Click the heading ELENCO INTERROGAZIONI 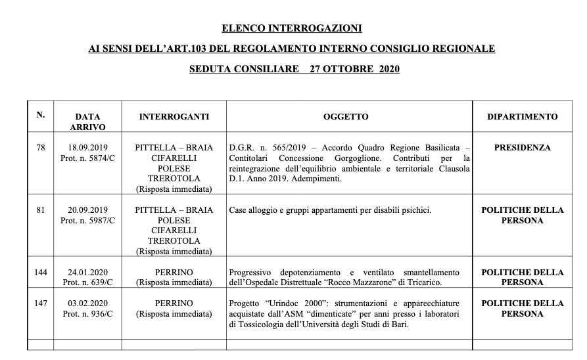click(292, 29)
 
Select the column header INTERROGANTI click(174, 117)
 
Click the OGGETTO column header click(346, 117)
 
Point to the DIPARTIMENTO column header click(523, 117)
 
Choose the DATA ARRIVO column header click(87, 122)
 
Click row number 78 click(41, 148)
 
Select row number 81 click(41, 210)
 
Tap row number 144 click(41, 272)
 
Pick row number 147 click(41, 304)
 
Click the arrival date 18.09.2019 click(87, 148)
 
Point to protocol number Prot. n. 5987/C click(87, 221)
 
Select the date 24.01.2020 click(87, 272)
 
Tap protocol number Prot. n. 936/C click(87, 314)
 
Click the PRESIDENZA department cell click(523, 148)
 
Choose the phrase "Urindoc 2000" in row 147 click(288, 304)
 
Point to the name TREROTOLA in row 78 click(174, 179)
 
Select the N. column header click(41, 115)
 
